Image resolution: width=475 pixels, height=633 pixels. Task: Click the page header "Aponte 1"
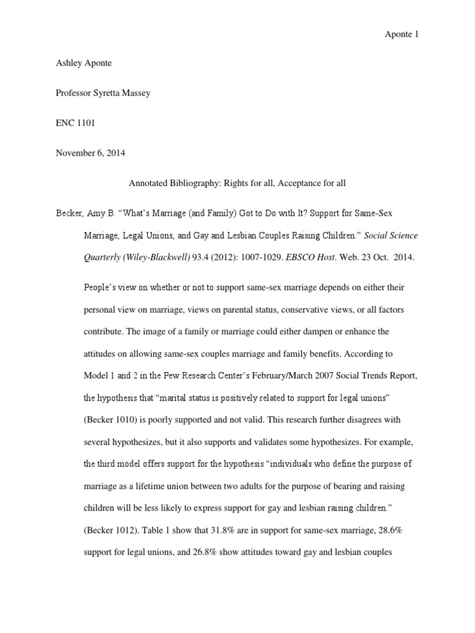coord(402,35)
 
